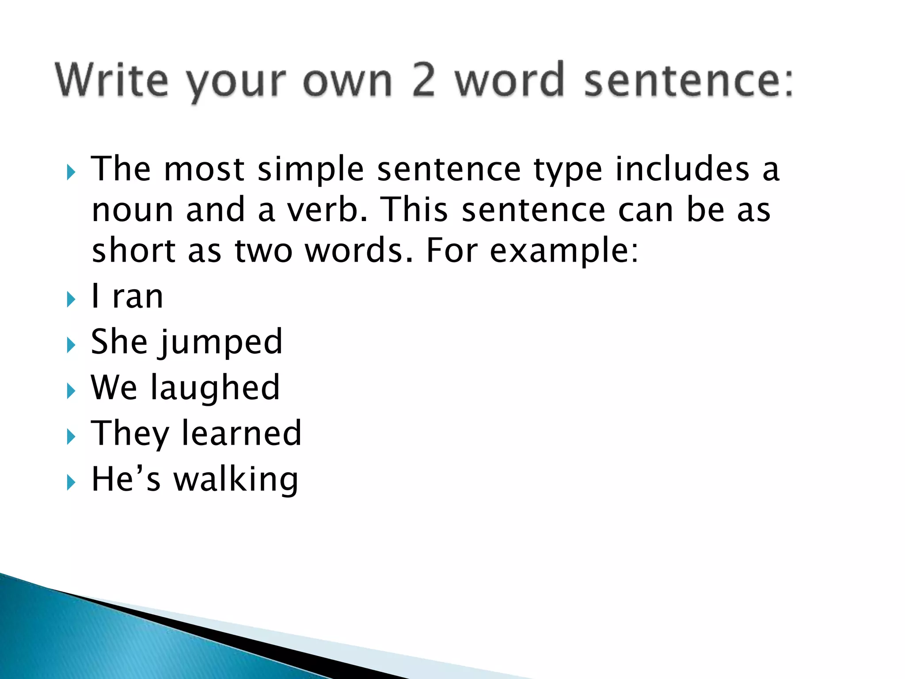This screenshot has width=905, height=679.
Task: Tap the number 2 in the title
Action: pyautogui.click(x=423, y=80)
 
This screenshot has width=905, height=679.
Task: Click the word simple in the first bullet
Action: pyautogui.click(x=310, y=170)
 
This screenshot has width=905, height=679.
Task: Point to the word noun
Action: pyautogui.click(x=132, y=210)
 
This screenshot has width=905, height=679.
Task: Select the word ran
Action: pyautogui.click(x=138, y=297)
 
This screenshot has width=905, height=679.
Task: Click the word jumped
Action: pyautogui.click(x=221, y=343)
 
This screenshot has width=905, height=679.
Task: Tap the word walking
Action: pyautogui.click(x=236, y=480)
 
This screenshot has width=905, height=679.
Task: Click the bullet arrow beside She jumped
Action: pyautogui.click(x=71, y=345)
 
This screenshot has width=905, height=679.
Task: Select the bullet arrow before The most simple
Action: pyautogui.click(x=71, y=172)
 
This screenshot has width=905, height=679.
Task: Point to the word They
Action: pyautogui.click(x=130, y=434)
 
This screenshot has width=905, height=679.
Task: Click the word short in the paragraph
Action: pyautogui.click(x=133, y=250)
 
